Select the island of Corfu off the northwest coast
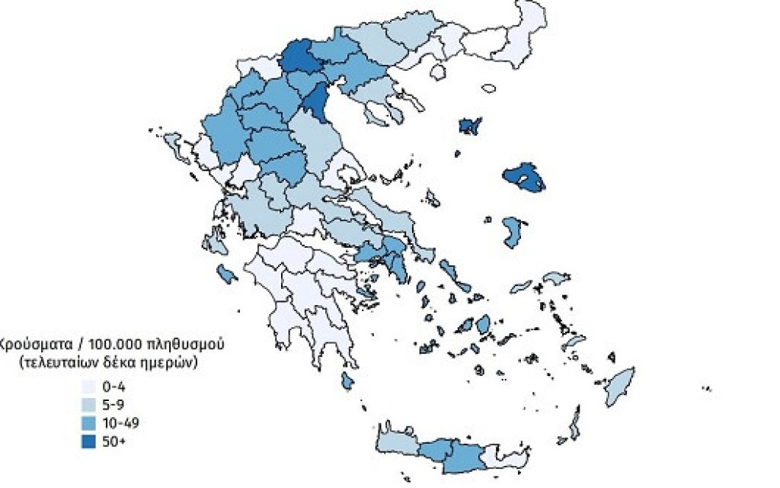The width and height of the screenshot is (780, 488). click(172, 142)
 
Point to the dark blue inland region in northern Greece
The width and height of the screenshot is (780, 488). click(299, 57)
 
